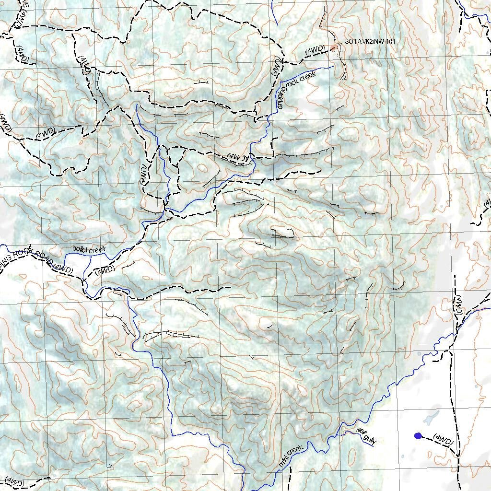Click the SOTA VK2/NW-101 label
pyautogui.click(x=370, y=42)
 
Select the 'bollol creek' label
pyautogui.click(x=88, y=249)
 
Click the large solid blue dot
pyautogui.click(x=418, y=436)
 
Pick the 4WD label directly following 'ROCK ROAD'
pyautogui.click(x=63, y=269)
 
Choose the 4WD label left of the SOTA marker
pyautogui.click(x=316, y=50)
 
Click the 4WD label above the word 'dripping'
pyautogui.click(x=276, y=65)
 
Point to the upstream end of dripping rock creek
pyautogui.click(x=333, y=67)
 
